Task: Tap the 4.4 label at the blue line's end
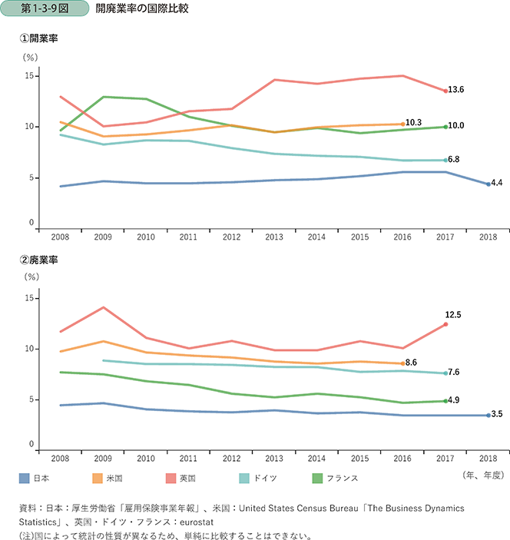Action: tap(496, 184)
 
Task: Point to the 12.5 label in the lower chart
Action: tap(452, 315)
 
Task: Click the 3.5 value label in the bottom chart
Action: tap(496, 415)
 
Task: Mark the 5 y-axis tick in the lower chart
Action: tap(31, 399)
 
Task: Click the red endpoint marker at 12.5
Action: tap(445, 324)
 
